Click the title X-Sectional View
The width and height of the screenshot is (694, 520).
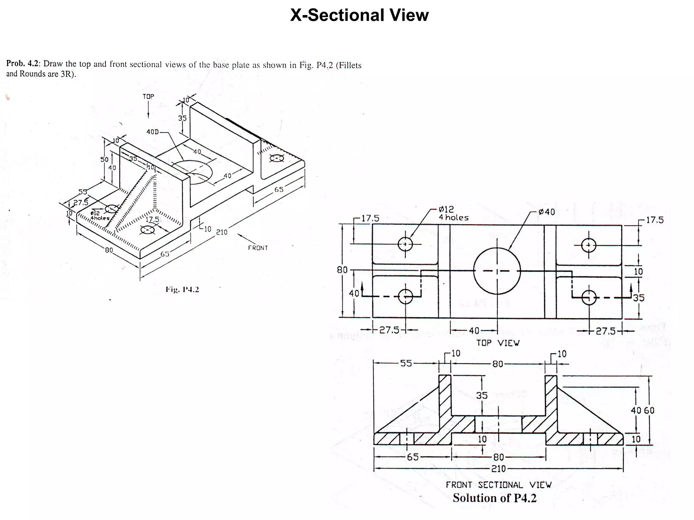coord(359,15)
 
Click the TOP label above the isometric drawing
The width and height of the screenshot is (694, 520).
coord(148,96)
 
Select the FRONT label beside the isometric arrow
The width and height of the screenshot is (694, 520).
coord(258,248)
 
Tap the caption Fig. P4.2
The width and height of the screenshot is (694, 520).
coord(182,289)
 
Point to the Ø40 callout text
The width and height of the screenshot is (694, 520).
coord(546,212)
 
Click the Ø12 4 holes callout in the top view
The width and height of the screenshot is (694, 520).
coord(453,214)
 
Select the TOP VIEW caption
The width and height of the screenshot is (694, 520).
coord(497,343)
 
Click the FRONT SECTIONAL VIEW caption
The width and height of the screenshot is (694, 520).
coord(498,485)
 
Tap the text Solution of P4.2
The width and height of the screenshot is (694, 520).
coord(494,498)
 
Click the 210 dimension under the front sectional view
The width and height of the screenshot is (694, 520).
coord(498,469)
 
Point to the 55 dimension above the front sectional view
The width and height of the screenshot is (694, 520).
coord(406,363)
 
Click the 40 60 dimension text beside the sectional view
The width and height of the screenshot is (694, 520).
coord(642,411)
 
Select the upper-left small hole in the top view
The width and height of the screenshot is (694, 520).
coord(405,244)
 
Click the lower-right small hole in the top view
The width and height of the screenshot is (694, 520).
coord(589,298)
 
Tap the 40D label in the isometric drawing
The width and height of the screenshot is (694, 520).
coord(152,132)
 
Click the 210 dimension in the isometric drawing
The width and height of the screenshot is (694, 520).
coord(222,232)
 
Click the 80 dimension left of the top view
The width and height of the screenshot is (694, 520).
coord(342,270)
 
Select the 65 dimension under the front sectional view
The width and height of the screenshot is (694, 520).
coord(413,457)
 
